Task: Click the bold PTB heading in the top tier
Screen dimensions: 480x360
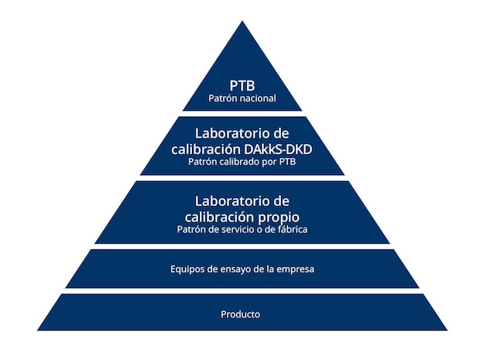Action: click(x=242, y=86)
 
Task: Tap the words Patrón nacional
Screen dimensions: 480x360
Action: click(x=242, y=98)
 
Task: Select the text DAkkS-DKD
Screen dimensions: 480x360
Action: click(x=278, y=149)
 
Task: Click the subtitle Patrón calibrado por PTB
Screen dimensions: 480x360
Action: click(x=242, y=162)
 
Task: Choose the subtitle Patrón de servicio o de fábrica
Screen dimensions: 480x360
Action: click(x=242, y=229)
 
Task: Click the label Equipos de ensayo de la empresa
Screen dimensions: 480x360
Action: click(x=242, y=269)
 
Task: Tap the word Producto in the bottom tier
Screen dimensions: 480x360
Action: click(x=241, y=314)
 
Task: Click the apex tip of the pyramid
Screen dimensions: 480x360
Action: click(x=242, y=21)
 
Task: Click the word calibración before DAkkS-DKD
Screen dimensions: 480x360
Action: click(x=206, y=149)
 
